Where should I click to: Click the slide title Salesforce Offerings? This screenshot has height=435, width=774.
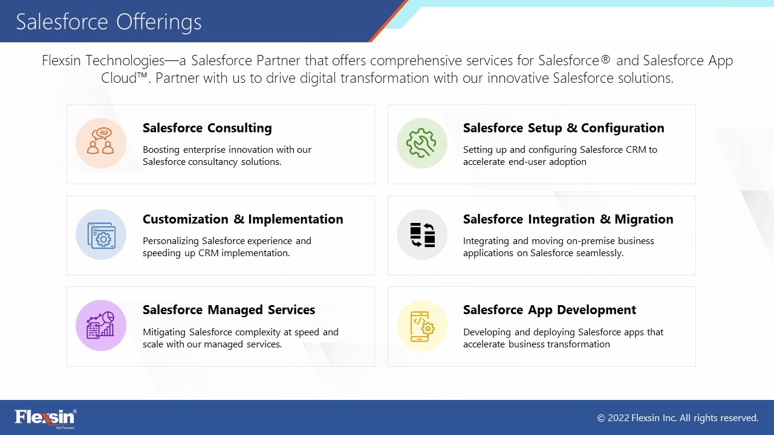(108, 22)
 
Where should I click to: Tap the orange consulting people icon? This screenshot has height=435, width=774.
(100, 141)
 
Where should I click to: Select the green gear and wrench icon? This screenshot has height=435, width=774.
(421, 143)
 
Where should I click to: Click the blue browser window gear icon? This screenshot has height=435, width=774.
(102, 236)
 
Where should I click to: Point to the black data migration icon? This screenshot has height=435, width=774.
(422, 235)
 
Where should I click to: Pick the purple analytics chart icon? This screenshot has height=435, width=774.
(100, 325)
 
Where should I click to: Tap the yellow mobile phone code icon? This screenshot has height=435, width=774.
(422, 326)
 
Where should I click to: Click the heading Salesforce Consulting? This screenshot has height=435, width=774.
(207, 127)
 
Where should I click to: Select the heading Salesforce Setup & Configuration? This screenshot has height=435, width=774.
(564, 127)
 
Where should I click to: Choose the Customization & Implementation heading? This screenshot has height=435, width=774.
(243, 219)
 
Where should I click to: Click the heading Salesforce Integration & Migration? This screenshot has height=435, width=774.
(568, 219)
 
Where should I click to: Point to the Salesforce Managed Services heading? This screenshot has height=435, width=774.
(229, 310)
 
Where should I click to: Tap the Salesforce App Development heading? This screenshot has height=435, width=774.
(550, 310)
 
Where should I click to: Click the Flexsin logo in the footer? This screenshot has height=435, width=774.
(45, 418)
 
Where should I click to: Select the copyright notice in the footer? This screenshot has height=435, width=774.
(678, 418)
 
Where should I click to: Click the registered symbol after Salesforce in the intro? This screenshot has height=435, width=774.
(605, 59)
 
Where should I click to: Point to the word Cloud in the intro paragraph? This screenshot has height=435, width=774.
(119, 78)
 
